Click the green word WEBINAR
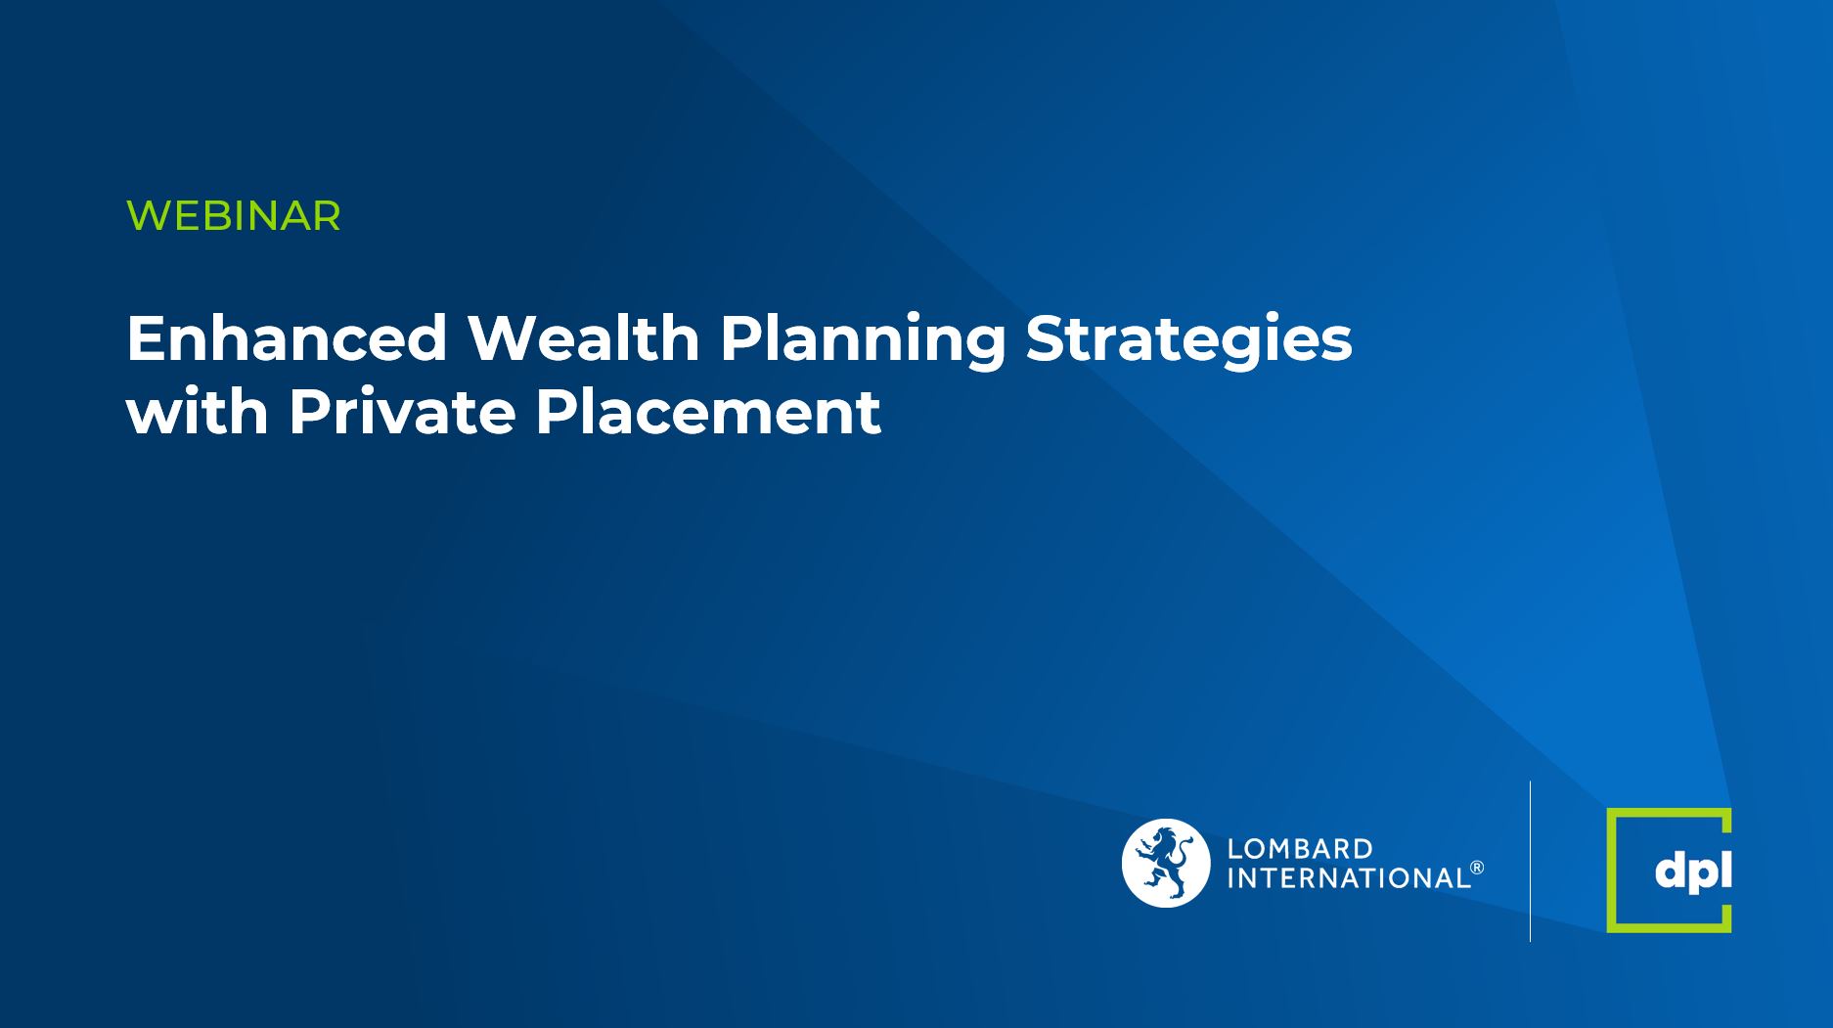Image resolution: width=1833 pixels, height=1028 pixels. (234, 216)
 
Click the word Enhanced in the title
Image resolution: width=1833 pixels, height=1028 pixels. (287, 338)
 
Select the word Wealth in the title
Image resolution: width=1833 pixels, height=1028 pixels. (583, 338)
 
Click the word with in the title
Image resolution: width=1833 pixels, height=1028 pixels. (198, 412)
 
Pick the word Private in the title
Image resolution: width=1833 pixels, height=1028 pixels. (401, 412)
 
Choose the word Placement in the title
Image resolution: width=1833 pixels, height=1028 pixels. (707, 412)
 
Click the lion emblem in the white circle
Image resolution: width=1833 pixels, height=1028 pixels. (1165, 863)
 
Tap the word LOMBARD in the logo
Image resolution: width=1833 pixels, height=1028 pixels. (1300, 848)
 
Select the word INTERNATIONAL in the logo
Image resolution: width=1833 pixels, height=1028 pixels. (1348, 878)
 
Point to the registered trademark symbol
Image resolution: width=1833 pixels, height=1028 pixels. (1477, 868)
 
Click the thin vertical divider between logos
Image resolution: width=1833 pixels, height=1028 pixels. (1530, 862)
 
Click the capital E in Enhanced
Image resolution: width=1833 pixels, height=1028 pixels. (147, 338)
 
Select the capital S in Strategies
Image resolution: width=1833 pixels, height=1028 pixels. (1046, 338)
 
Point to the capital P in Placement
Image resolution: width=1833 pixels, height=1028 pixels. (556, 412)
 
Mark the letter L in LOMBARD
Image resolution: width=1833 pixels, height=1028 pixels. (1234, 848)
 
